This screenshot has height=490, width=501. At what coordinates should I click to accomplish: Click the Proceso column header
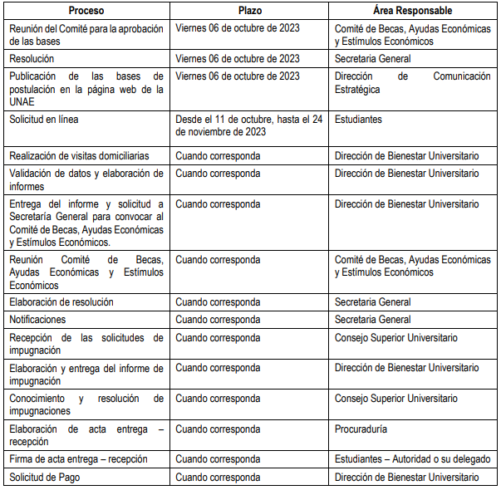[86, 11]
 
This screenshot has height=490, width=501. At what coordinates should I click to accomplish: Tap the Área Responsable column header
[412, 11]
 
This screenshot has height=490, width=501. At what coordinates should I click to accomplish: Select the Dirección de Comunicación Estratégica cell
[412, 83]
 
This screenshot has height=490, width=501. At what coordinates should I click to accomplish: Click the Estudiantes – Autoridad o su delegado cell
[412, 459]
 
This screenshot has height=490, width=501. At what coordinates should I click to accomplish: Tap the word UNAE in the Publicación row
[22, 101]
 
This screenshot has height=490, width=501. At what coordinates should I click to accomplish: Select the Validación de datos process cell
[86, 179]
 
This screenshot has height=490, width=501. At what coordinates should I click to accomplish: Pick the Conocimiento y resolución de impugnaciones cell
[86, 404]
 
